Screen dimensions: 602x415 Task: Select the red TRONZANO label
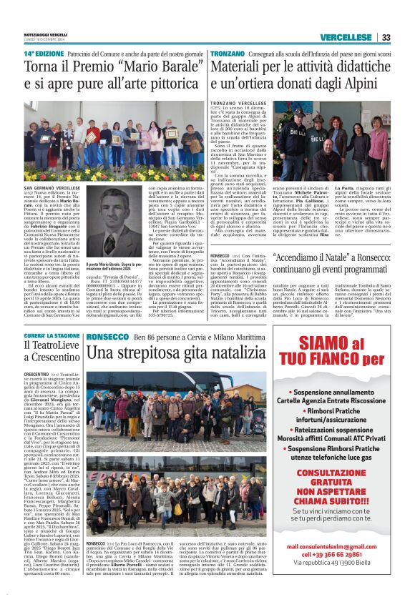[x=228, y=54]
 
